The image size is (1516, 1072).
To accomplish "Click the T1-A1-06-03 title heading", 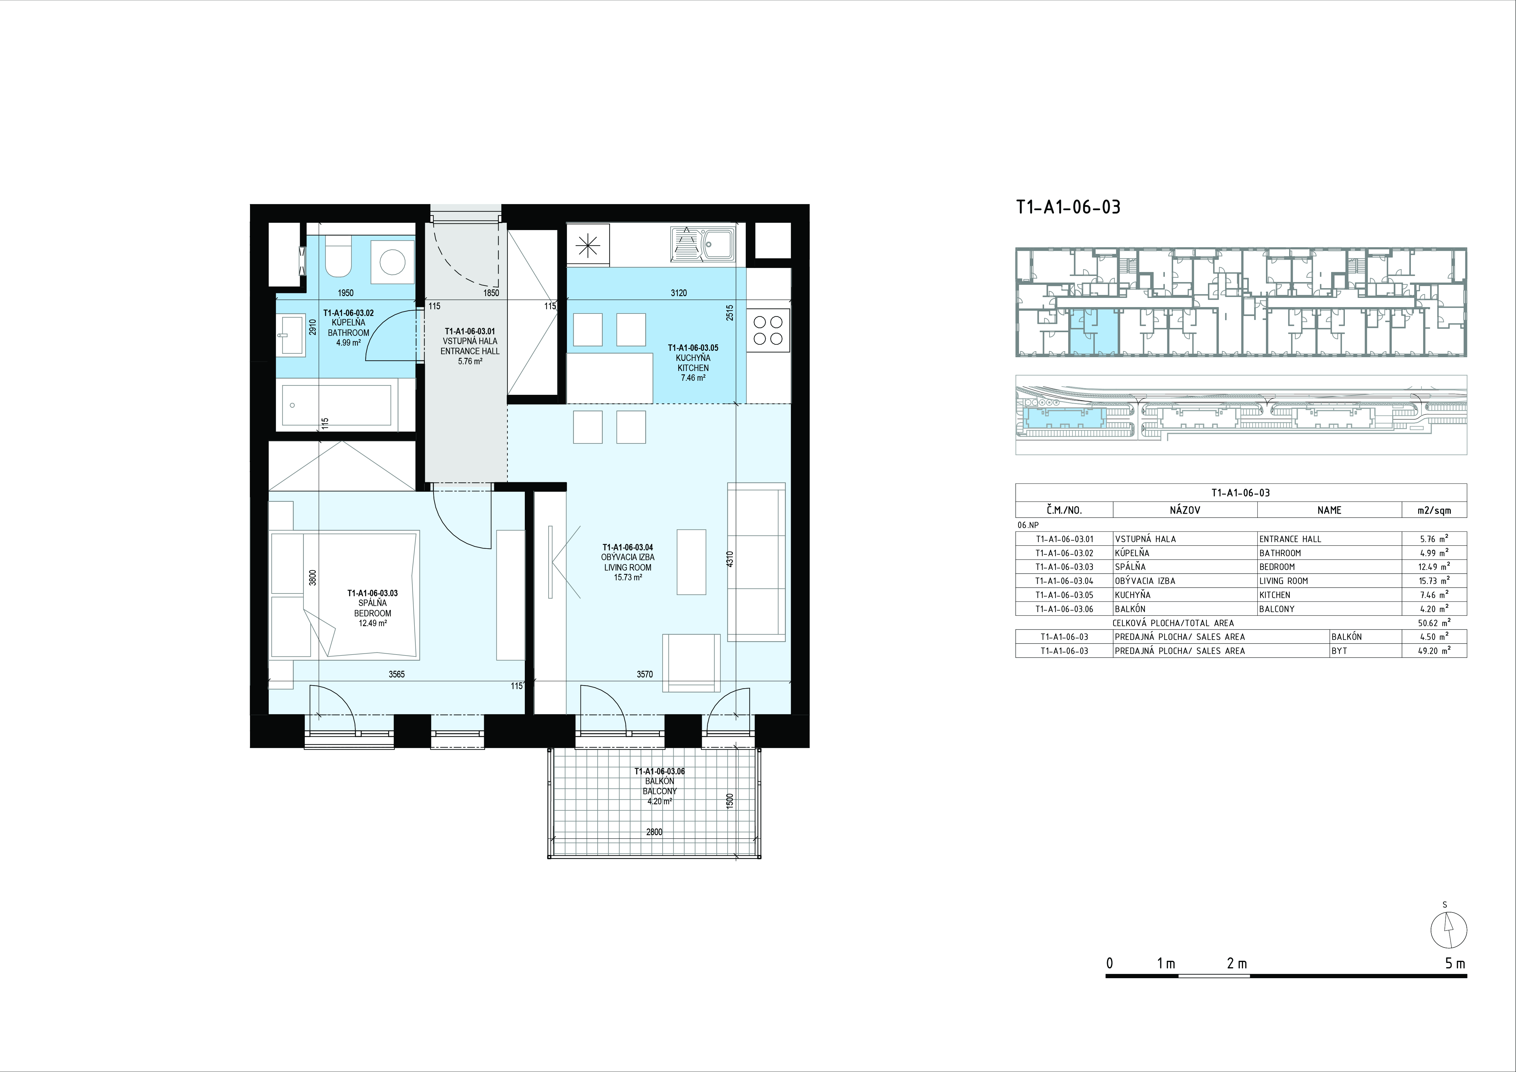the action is pyautogui.click(x=1068, y=207).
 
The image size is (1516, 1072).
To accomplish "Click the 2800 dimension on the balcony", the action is pyautogui.click(x=654, y=832).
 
